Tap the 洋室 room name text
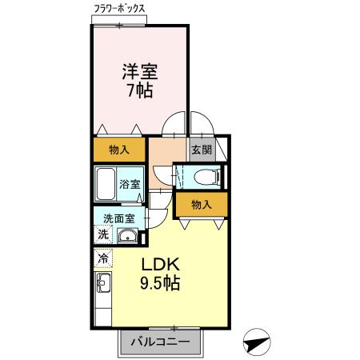coord(140,70)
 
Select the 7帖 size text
coord(140,90)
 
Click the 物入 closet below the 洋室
coord(120,150)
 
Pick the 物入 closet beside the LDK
coord(202,205)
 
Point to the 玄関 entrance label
coord(200,149)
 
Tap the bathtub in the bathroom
coord(106,185)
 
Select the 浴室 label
coord(130,185)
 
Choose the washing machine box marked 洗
coord(102,234)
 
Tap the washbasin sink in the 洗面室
coord(127,236)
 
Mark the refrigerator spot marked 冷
coord(102,259)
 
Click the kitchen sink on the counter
coord(102,282)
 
